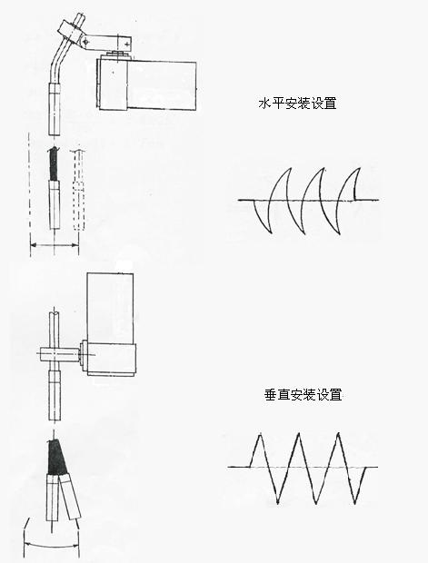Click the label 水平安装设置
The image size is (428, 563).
click(297, 103)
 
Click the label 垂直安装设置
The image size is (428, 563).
click(303, 395)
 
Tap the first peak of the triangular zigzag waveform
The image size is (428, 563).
click(260, 435)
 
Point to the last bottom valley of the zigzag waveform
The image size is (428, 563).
click(355, 502)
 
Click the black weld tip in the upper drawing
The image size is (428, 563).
click(54, 164)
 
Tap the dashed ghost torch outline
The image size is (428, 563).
click(79, 189)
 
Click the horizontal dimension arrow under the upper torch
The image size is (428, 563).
click(55, 245)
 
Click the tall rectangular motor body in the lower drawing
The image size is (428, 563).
click(110, 307)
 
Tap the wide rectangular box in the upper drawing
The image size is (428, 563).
click(146, 84)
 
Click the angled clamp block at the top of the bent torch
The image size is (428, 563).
click(72, 32)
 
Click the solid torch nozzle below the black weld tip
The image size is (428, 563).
click(55, 205)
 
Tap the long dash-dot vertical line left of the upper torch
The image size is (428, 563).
click(29, 194)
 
